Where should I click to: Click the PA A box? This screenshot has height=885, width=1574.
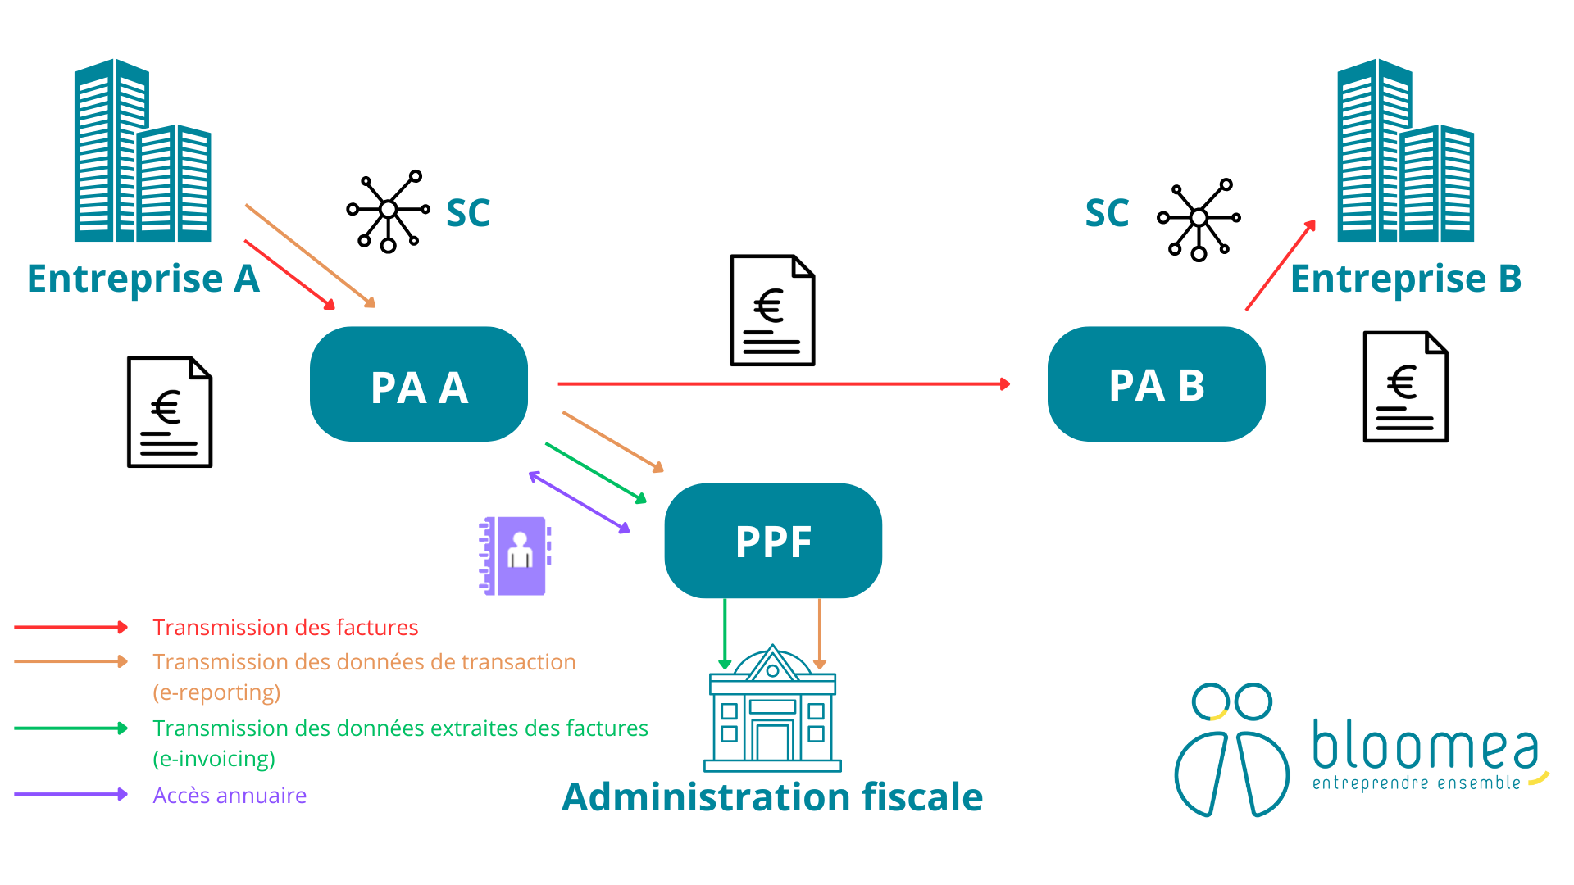[x=419, y=384]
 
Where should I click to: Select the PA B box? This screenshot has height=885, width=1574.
[x=1156, y=384]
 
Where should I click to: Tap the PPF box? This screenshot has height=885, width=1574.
[x=773, y=541]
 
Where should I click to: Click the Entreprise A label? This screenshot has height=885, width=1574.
[x=143, y=279]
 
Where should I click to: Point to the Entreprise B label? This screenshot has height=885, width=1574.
[x=1406, y=279]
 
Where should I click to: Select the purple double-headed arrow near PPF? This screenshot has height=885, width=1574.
[x=580, y=502]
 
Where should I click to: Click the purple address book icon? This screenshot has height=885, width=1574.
[x=515, y=556]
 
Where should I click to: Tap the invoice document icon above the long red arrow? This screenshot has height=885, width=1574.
[x=772, y=310]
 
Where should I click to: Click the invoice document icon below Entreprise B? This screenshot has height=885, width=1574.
[x=1405, y=387]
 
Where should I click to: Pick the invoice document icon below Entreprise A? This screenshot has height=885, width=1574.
[x=170, y=411]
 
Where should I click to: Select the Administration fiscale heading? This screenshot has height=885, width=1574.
[x=772, y=797]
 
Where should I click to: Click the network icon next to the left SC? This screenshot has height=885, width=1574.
[x=388, y=211]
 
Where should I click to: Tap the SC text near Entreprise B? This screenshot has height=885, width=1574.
[x=1107, y=213]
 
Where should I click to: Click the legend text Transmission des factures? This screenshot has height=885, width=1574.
[x=285, y=628]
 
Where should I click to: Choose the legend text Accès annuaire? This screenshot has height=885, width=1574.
[x=230, y=796]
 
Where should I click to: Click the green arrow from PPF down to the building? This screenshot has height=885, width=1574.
[x=725, y=631]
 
